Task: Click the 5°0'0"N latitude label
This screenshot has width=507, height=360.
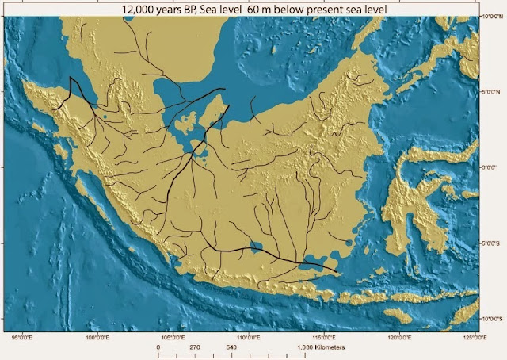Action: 494,91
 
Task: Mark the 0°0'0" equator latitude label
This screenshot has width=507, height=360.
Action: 492,167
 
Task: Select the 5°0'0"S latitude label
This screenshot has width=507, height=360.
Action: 494,243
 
